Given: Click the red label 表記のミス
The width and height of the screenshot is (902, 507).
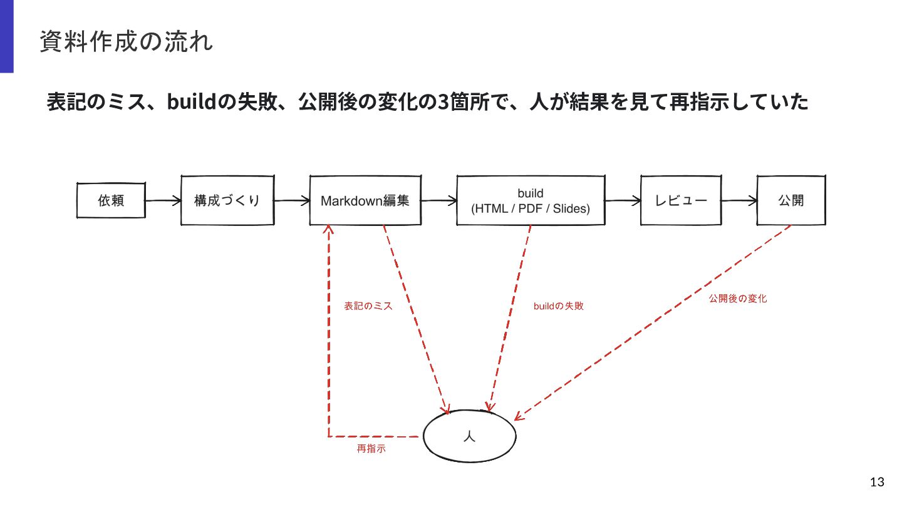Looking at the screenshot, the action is pyautogui.click(x=368, y=306).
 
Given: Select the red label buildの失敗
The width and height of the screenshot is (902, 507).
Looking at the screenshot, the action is pyautogui.click(x=559, y=306).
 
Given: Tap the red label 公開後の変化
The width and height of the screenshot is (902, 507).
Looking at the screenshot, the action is pyautogui.click(x=738, y=299).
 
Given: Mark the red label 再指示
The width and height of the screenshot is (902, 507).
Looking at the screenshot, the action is pyautogui.click(x=371, y=448).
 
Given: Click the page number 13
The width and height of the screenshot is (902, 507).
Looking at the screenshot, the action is pyautogui.click(x=877, y=482).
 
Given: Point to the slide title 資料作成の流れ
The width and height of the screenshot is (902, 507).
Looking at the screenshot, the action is pyautogui.click(x=126, y=41).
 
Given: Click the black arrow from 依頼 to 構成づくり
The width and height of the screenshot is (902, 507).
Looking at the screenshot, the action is pyautogui.click(x=163, y=200).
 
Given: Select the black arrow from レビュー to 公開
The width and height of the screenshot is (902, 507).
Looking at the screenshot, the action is pyautogui.click(x=739, y=200).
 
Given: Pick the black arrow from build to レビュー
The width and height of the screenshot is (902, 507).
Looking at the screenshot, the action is pyautogui.click(x=623, y=200).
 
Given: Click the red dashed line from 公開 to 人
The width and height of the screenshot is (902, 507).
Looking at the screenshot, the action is pyautogui.click(x=653, y=323).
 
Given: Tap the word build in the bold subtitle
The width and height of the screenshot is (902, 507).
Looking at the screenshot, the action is pyautogui.click(x=192, y=101).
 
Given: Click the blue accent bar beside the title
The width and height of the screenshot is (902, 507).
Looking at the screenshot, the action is pyautogui.click(x=7, y=36).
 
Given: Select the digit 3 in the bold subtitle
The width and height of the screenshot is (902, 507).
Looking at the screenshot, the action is pyautogui.click(x=443, y=101).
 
